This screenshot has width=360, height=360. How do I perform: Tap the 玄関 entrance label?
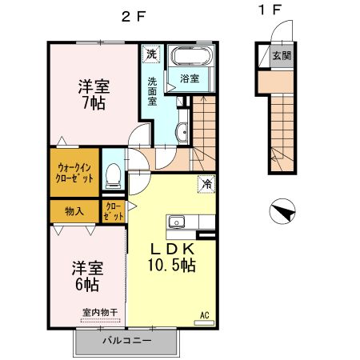coord(281,57)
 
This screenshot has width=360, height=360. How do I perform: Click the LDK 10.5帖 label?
coord(173,257)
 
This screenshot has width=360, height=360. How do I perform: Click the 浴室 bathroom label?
coord(190,79)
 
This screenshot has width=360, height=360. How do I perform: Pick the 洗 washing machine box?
coord(150,55)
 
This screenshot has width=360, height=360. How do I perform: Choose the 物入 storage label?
coord(74,211)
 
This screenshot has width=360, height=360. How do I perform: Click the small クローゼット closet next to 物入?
coord(114,211)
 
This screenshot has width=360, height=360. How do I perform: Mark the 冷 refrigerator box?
coord(206,183)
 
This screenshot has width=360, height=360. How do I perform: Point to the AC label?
coord(204,314)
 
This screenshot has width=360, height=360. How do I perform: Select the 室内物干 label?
coord(99,312)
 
